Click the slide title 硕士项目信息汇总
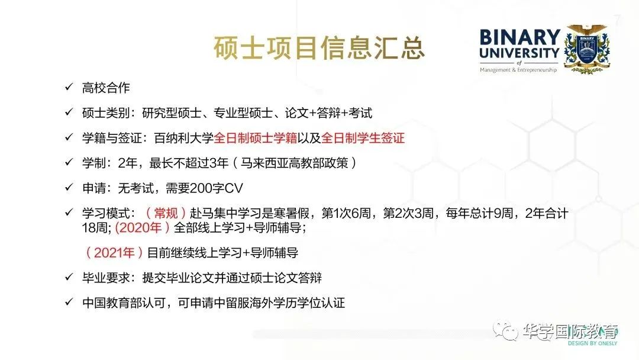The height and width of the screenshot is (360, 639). [319, 48]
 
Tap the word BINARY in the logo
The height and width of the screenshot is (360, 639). [520, 37]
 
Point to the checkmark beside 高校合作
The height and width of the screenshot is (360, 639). [69, 87]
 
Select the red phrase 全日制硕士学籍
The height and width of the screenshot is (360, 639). [256, 138]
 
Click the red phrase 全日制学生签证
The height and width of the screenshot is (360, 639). [363, 138]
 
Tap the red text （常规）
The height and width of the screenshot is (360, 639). [166, 213]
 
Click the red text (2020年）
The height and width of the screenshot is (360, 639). [143, 227]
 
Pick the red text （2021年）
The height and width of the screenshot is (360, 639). [114, 253]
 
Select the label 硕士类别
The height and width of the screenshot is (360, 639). [105, 113]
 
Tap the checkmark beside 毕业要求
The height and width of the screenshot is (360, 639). [69, 277]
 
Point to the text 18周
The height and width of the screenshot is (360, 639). [95, 227]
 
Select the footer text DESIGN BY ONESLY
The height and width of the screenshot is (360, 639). [592, 343]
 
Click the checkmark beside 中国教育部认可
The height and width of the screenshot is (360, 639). [69, 302]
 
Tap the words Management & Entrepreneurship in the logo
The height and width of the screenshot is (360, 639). [518, 70]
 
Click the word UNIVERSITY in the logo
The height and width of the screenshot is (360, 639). [519, 53]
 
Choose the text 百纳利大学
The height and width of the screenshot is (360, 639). [184, 138]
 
